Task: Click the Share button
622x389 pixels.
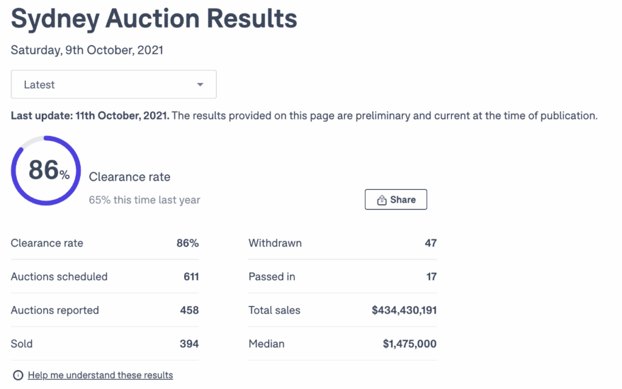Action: pyautogui.click(x=396, y=200)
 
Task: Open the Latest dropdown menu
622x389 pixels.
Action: pyautogui.click(x=114, y=85)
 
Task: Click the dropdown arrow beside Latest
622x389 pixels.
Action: pyautogui.click(x=200, y=85)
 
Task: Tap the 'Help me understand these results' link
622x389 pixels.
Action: pyautogui.click(x=100, y=375)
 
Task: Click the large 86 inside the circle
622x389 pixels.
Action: pyautogui.click(x=44, y=170)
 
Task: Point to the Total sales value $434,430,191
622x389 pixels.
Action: pyautogui.click(x=404, y=310)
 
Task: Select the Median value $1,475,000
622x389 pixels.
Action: pyautogui.click(x=409, y=343)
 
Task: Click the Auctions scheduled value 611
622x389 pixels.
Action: pyautogui.click(x=191, y=277)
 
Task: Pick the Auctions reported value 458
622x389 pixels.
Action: pyautogui.click(x=190, y=310)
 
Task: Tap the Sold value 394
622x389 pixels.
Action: pyautogui.click(x=190, y=343)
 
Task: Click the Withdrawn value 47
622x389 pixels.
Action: pyautogui.click(x=430, y=243)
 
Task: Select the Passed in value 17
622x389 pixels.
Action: pyautogui.click(x=431, y=277)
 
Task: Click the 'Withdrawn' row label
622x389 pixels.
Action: pyautogui.click(x=275, y=243)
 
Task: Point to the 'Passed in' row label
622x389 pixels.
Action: pyautogui.click(x=272, y=277)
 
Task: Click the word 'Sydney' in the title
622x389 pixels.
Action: pyautogui.click(x=55, y=19)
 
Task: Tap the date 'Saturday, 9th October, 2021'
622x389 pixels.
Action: pyautogui.click(x=87, y=50)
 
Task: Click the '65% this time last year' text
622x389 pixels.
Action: pyautogui.click(x=145, y=200)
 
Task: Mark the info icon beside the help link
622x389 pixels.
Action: pyautogui.click(x=18, y=375)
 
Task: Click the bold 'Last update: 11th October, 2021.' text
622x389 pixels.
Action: pyautogui.click(x=90, y=115)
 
